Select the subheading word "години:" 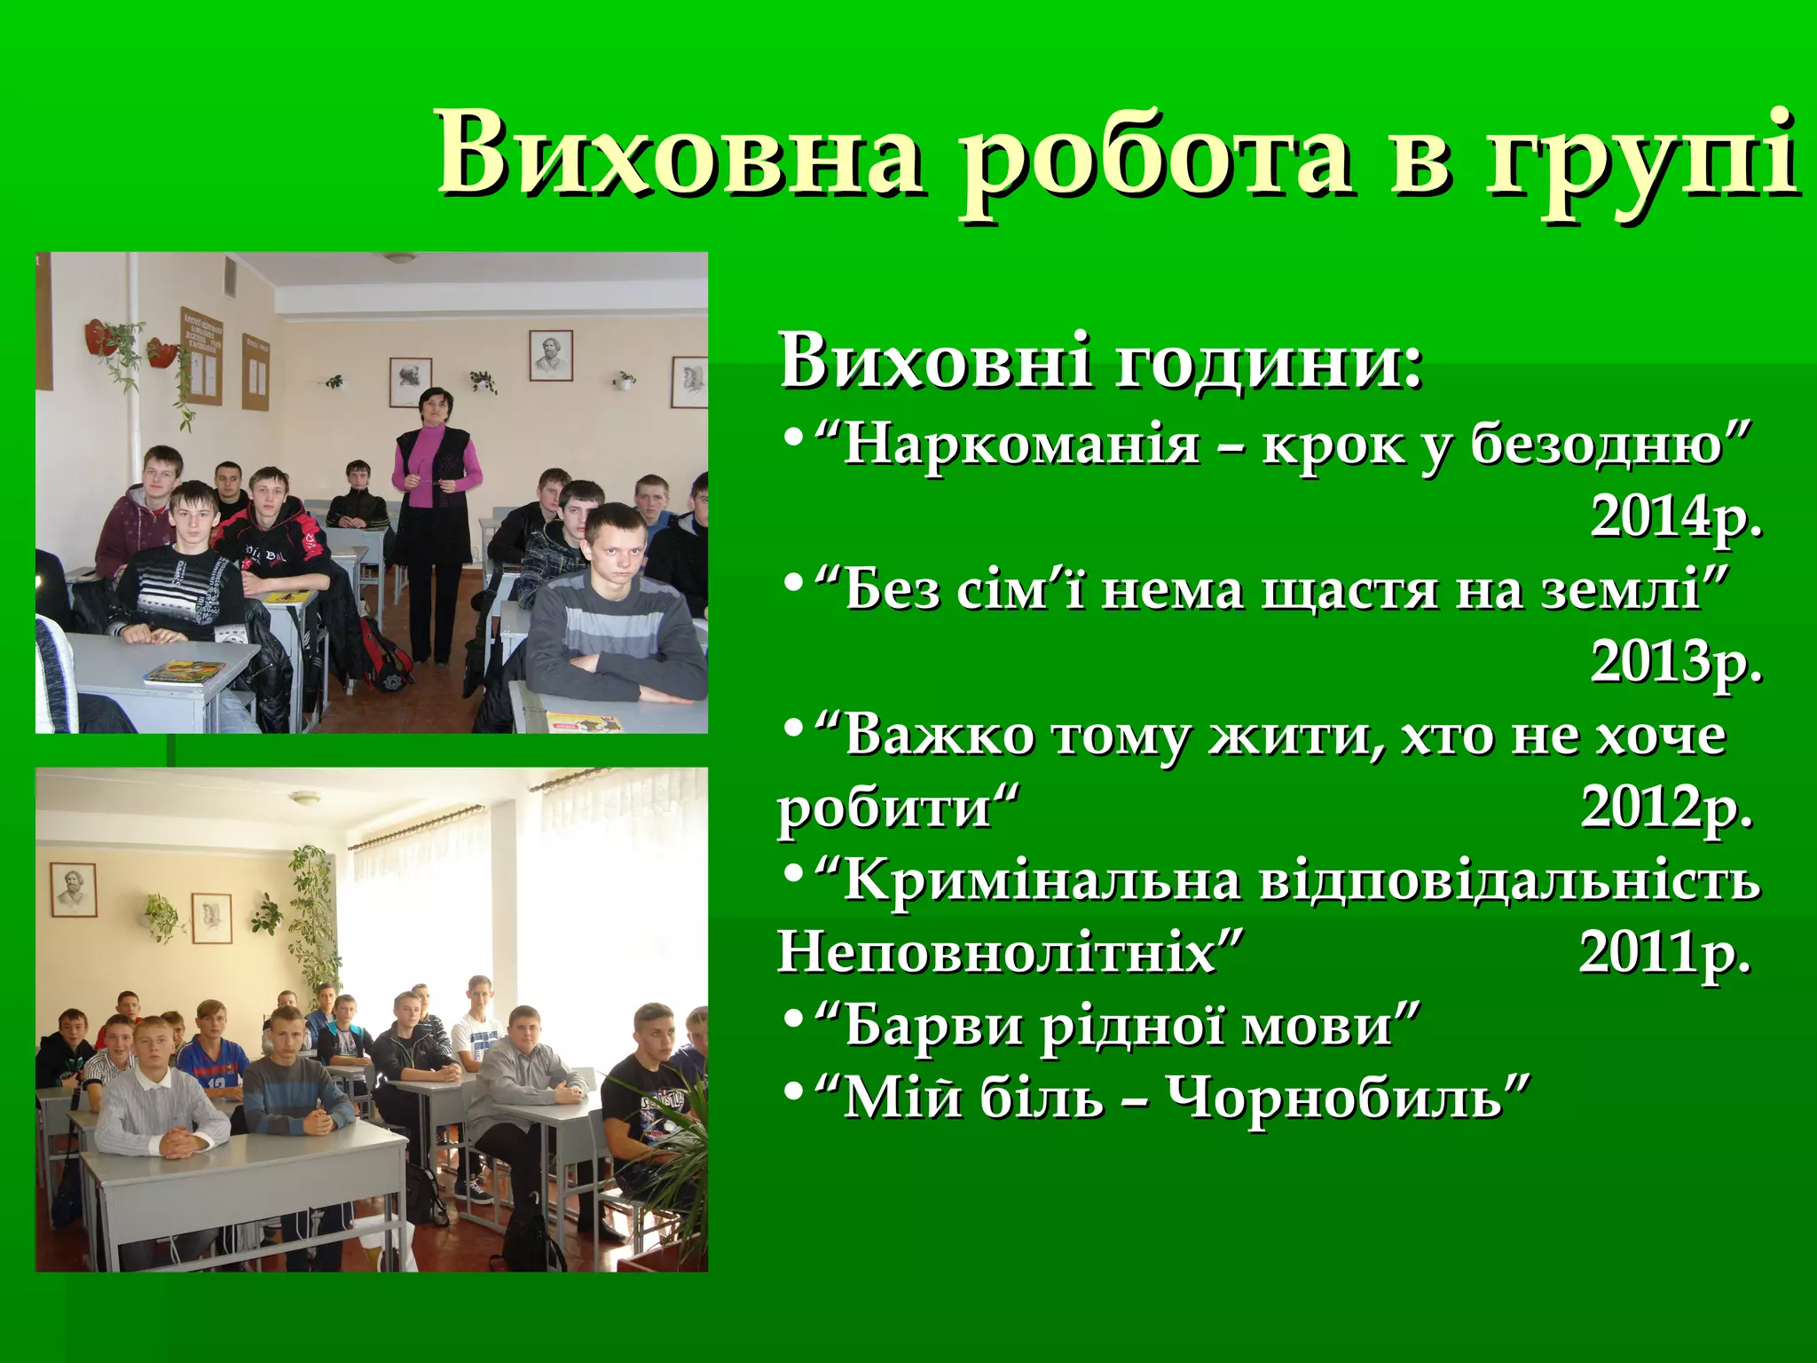click(x=1269, y=364)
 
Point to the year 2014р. click(x=1675, y=516)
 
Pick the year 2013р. click(x=1675, y=662)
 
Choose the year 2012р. click(x=1666, y=808)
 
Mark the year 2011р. click(x=1664, y=953)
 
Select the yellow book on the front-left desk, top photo click(x=184, y=672)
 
